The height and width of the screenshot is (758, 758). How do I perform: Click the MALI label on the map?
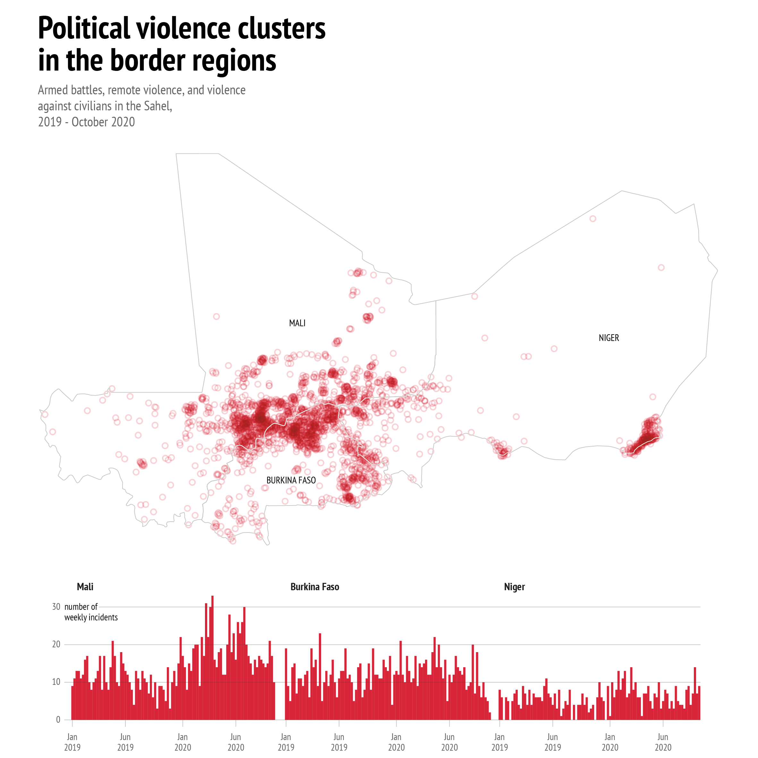[x=297, y=323]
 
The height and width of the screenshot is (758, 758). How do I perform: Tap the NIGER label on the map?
[x=609, y=338]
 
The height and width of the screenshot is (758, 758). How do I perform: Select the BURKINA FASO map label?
[x=291, y=481]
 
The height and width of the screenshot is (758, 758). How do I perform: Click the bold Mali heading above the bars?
[x=85, y=587]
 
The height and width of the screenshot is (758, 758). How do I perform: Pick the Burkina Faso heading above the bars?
[x=315, y=587]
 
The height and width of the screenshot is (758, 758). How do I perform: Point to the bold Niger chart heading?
[x=514, y=587]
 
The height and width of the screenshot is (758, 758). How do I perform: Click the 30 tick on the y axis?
[x=56, y=607]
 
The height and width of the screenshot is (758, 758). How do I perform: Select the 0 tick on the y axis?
[x=58, y=720]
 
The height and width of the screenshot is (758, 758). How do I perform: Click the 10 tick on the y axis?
[x=56, y=682]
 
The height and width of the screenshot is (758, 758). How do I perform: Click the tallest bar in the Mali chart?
[x=212, y=659]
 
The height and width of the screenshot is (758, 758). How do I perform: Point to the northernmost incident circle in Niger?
[x=593, y=218]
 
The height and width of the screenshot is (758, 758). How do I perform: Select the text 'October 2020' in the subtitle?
[x=103, y=122]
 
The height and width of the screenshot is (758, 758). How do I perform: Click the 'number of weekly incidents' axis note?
[x=91, y=612]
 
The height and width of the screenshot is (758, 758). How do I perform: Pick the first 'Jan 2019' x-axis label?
[x=72, y=742]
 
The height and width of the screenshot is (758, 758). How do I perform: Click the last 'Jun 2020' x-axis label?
[x=663, y=742]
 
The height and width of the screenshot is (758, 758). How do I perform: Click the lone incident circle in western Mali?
[x=216, y=317]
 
